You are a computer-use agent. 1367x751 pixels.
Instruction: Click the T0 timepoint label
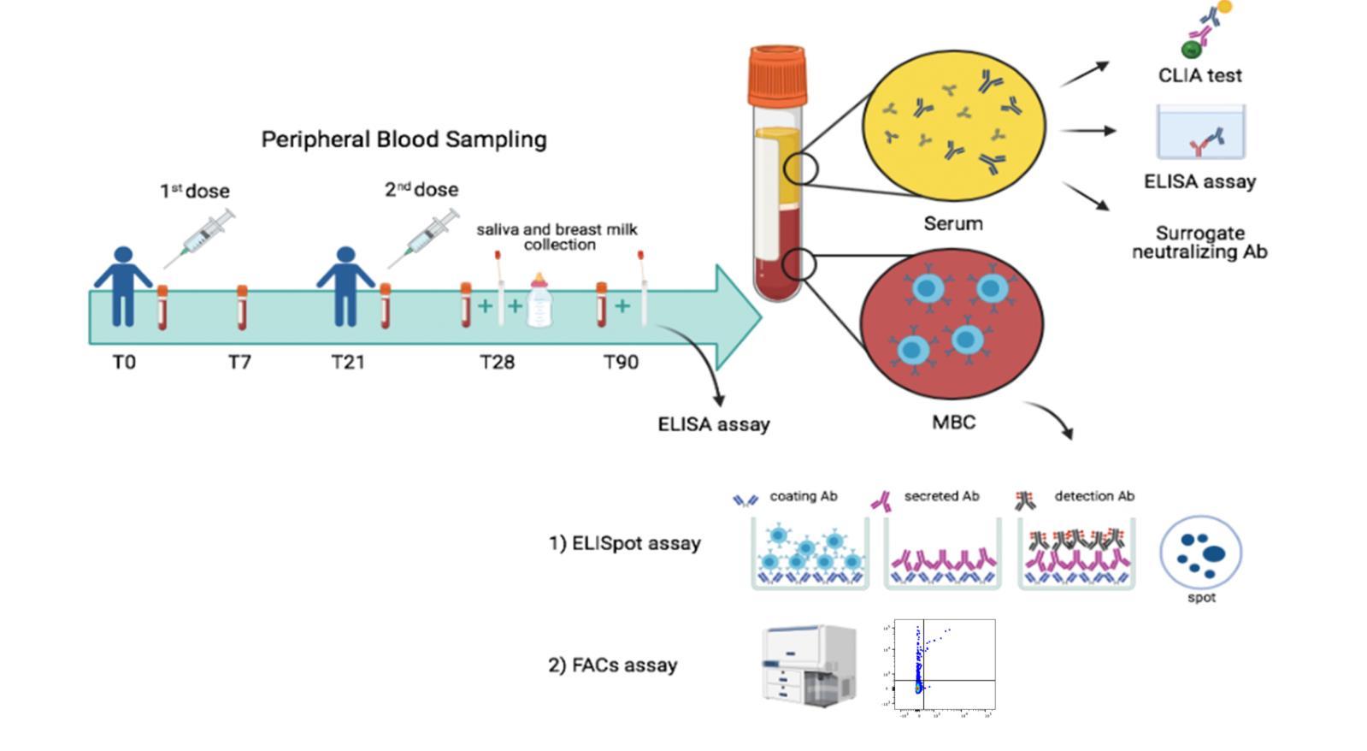pos(124,363)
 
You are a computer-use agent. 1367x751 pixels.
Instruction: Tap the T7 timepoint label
pos(239,363)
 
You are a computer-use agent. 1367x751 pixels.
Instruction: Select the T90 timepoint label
pos(621,363)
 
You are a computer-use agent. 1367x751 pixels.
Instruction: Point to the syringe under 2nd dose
pos(424,238)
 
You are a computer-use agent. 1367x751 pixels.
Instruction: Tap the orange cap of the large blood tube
pos(777,76)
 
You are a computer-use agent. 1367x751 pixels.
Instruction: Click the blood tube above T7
pos(242,308)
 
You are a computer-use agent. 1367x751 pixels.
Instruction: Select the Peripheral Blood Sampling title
pos(404,139)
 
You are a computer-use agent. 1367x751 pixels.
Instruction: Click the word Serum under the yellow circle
pos(953,224)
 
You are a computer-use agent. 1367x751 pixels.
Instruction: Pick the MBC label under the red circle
pos(953,423)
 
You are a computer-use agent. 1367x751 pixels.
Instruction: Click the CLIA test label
pos(1199,75)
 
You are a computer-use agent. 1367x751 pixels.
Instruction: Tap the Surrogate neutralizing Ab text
pos(1199,243)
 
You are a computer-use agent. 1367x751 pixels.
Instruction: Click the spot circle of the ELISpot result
pos(1200,553)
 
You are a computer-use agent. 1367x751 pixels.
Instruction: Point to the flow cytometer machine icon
pos(809,665)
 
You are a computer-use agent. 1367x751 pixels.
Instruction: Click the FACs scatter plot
pos(944,666)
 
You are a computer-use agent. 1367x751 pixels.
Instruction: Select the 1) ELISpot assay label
pos(624,543)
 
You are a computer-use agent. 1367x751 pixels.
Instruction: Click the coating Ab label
pos(803,496)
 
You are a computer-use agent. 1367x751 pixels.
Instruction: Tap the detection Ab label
pos(1094,496)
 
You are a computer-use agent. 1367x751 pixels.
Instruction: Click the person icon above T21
pos(345,287)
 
